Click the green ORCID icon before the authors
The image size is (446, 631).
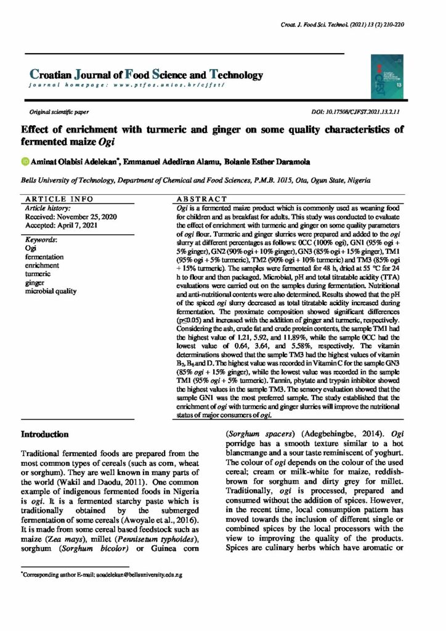click(x=25, y=162)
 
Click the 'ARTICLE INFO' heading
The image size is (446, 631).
click(x=59, y=200)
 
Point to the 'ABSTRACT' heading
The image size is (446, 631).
click(x=202, y=200)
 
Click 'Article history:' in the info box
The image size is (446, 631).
click(x=47, y=209)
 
